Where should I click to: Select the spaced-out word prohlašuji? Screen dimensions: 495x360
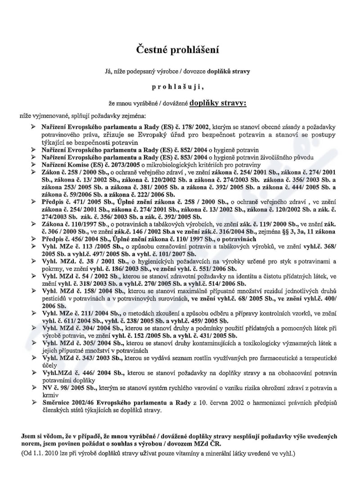click(180, 86)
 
